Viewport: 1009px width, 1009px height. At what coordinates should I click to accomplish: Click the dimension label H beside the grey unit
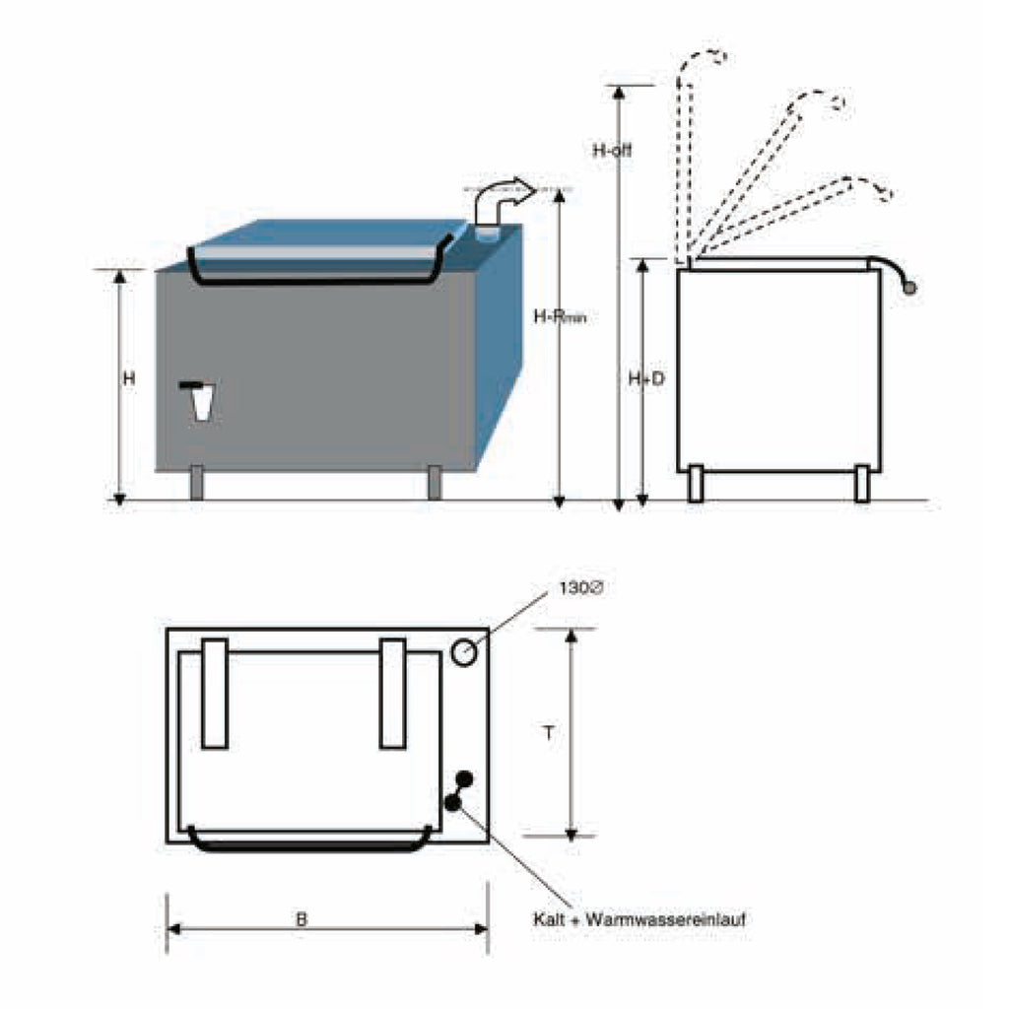(129, 378)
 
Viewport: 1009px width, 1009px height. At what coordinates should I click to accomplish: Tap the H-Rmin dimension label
(560, 316)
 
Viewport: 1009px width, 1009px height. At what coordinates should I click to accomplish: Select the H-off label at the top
(612, 151)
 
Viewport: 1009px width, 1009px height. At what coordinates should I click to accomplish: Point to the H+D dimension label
(646, 379)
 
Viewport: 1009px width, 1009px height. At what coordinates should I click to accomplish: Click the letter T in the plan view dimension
(548, 733)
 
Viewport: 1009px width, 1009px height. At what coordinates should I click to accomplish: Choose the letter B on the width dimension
(302, 919)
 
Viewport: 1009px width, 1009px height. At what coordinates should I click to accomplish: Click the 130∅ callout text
(580, 588)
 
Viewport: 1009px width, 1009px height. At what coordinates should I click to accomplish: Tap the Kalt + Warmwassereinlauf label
(639, 919)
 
